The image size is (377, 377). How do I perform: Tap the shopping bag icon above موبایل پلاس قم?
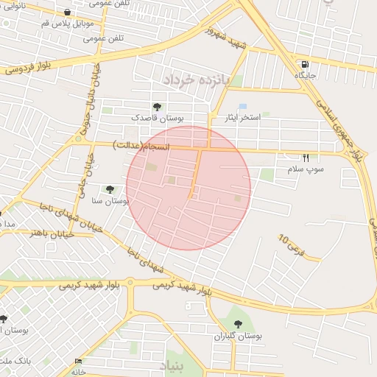click(x=68, y=13)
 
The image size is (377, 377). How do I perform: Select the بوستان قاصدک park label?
click(x=158, y=117)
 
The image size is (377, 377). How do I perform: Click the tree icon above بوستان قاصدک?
click(x=156, y=107)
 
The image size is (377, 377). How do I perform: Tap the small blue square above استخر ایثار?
click(x=242, y=107)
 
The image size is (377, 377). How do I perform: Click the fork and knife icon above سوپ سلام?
click(x=306, y=158)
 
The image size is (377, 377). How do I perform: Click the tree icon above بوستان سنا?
click(x=110, y=189)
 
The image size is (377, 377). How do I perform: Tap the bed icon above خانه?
click(x=78, y=361)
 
